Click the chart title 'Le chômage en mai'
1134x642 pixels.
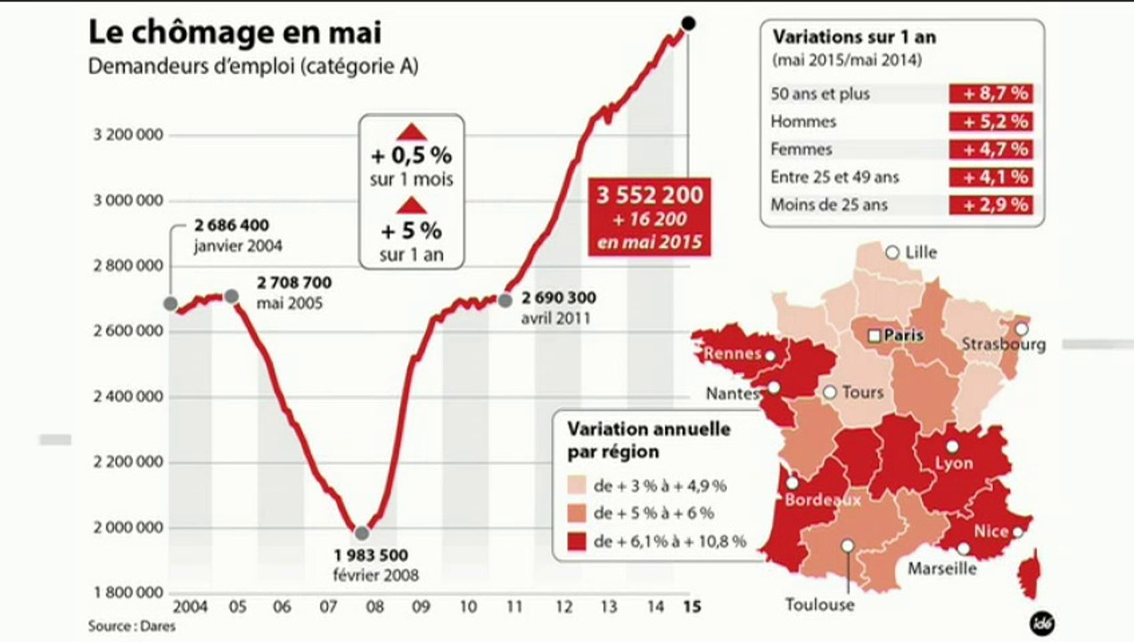[235, 33]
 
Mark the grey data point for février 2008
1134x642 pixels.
[362, 533]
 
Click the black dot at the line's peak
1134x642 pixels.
[689, 22]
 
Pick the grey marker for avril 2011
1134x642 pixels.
[505, 300]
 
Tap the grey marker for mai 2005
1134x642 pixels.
[232, 296]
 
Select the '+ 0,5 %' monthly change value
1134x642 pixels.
[412, 156]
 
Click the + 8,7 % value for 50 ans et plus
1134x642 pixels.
[995, 94]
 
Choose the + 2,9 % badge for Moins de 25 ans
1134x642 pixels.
[995, 205]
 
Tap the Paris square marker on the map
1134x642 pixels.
[875, 335]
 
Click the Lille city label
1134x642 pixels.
[920, 252]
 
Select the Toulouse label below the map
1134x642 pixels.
[819, 605]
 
